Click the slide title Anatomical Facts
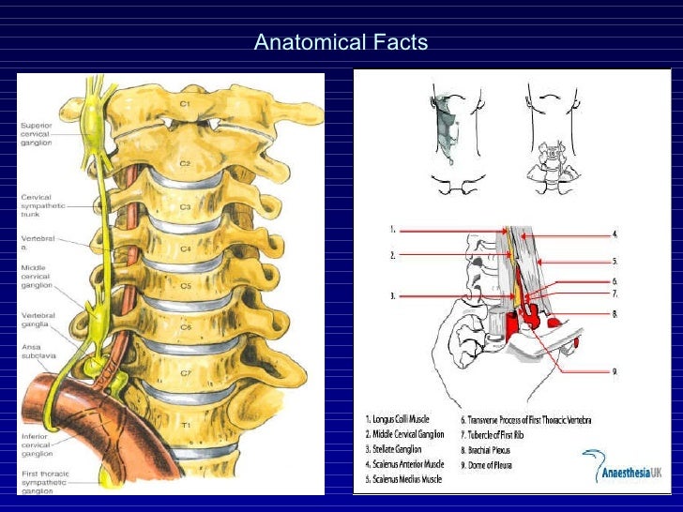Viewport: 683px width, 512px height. coord(341,43)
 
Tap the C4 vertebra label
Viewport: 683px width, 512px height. coord(186,248)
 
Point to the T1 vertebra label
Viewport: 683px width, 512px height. coord(186,425)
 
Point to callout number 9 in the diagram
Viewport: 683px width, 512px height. coord(615,372)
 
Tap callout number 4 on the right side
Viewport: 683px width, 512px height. coord(615,233)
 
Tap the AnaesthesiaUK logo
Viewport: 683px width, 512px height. coord(621,466)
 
